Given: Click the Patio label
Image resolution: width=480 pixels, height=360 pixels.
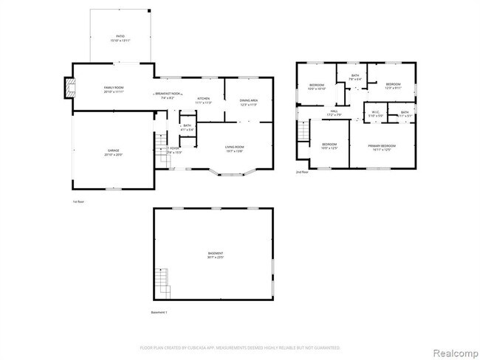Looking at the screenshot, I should tap(120, 38).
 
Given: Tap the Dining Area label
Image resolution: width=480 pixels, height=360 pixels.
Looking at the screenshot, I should tap(248, 103).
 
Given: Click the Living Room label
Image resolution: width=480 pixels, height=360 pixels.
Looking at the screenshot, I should tap(235, 149).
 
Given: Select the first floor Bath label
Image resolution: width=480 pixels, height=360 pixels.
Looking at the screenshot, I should tap(187, 128).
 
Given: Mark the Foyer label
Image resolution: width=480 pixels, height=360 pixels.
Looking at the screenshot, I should tap(174, 150).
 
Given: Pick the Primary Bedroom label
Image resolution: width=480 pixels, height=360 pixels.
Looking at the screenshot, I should tap(383, 147).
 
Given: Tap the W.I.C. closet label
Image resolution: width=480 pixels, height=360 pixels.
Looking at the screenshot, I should tap(375, 114).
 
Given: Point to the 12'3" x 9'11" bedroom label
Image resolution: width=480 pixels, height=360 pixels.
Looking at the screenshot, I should tap(393, 86).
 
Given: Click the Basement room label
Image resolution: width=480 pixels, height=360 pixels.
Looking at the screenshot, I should tap(215, 255).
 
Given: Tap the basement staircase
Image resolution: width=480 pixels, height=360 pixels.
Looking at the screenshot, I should tap(163, 282).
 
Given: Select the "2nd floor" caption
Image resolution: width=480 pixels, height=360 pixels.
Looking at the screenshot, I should tap(302, 172).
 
